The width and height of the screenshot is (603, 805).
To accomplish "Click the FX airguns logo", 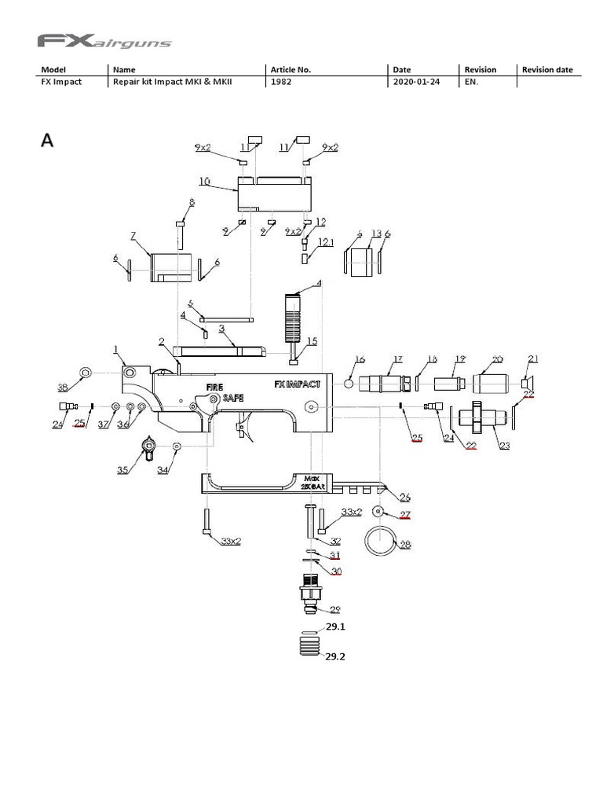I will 104,40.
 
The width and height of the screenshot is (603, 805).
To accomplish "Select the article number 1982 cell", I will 281,82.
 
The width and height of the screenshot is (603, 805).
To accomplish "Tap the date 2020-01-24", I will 416,82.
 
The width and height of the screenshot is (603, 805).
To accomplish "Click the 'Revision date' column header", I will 547,69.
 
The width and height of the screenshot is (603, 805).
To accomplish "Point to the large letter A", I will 48,141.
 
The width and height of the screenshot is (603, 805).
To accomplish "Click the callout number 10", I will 204,181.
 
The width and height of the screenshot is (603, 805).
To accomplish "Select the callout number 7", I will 133,235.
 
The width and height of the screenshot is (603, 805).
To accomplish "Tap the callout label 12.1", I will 326,243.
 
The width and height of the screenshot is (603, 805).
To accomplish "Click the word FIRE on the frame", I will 215,387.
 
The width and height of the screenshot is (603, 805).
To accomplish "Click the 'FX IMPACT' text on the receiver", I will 297,384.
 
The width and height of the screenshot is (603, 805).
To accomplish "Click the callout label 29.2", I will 335,657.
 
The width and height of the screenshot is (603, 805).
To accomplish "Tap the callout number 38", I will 63,386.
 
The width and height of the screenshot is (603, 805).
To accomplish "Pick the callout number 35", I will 122,470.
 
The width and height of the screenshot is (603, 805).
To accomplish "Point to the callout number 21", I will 533,359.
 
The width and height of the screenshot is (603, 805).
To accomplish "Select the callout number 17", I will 397,358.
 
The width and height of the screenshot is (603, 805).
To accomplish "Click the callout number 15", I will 312,340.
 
